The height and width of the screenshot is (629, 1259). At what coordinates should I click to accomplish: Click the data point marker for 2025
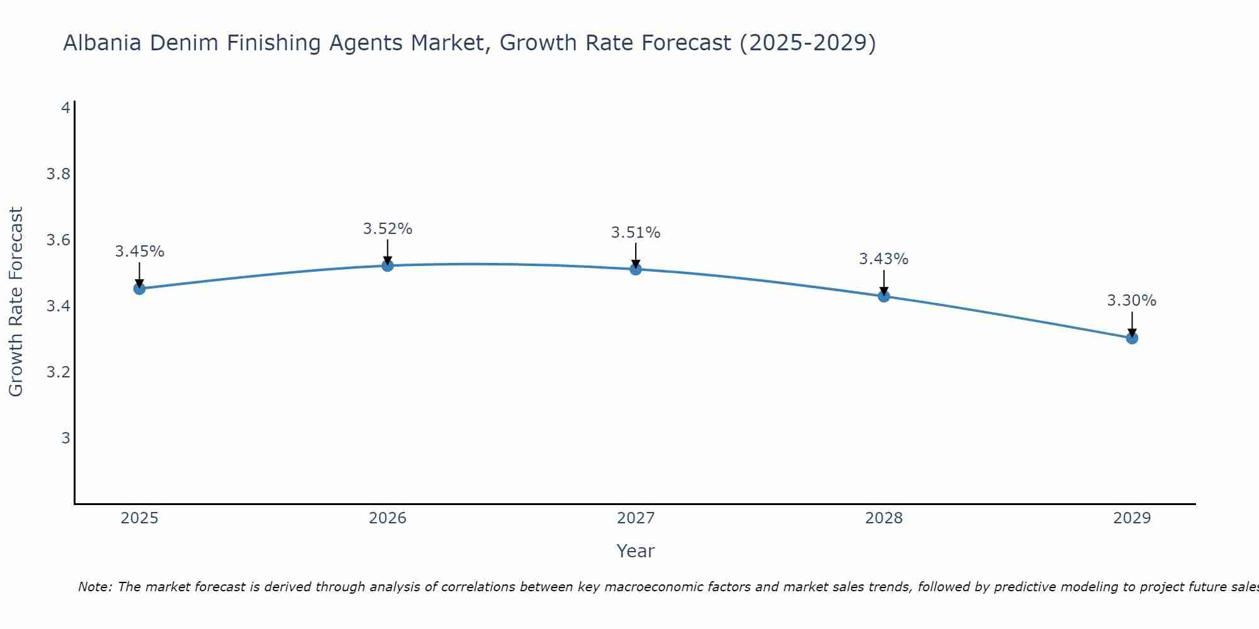(140, 289)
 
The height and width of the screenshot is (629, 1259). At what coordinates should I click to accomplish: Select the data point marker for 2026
(388, 265)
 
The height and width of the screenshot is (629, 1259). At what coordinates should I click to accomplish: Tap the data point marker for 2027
(636, 269)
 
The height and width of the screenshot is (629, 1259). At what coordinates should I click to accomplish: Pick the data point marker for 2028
(884, 296)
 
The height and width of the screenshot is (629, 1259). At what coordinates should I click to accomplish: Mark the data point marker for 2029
(1132, 338)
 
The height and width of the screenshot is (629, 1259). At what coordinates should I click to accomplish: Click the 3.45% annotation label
(140, 252)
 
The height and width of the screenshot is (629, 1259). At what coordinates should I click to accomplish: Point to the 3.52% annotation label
(388, 229)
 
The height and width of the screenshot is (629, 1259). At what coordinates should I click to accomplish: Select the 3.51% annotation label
(636, 233)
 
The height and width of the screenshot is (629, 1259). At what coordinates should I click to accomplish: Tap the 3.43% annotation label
(884, 259)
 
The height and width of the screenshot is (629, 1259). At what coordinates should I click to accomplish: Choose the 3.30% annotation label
(1132, 301)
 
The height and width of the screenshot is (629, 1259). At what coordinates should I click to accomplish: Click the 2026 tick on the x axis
(388, 518)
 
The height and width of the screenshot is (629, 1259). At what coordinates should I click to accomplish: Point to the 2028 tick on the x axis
(884, 518)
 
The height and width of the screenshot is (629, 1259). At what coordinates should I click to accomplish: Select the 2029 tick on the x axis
(1132, 518)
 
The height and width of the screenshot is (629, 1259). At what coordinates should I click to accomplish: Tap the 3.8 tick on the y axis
(58, 174)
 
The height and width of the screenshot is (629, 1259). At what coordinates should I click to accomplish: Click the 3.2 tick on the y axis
(58, 372)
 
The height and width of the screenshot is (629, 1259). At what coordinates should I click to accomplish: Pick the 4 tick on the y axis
(65, 108)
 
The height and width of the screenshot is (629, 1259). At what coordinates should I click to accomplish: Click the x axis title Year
(636, 551)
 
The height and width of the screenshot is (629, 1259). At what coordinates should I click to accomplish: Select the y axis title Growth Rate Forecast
(16, 302)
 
